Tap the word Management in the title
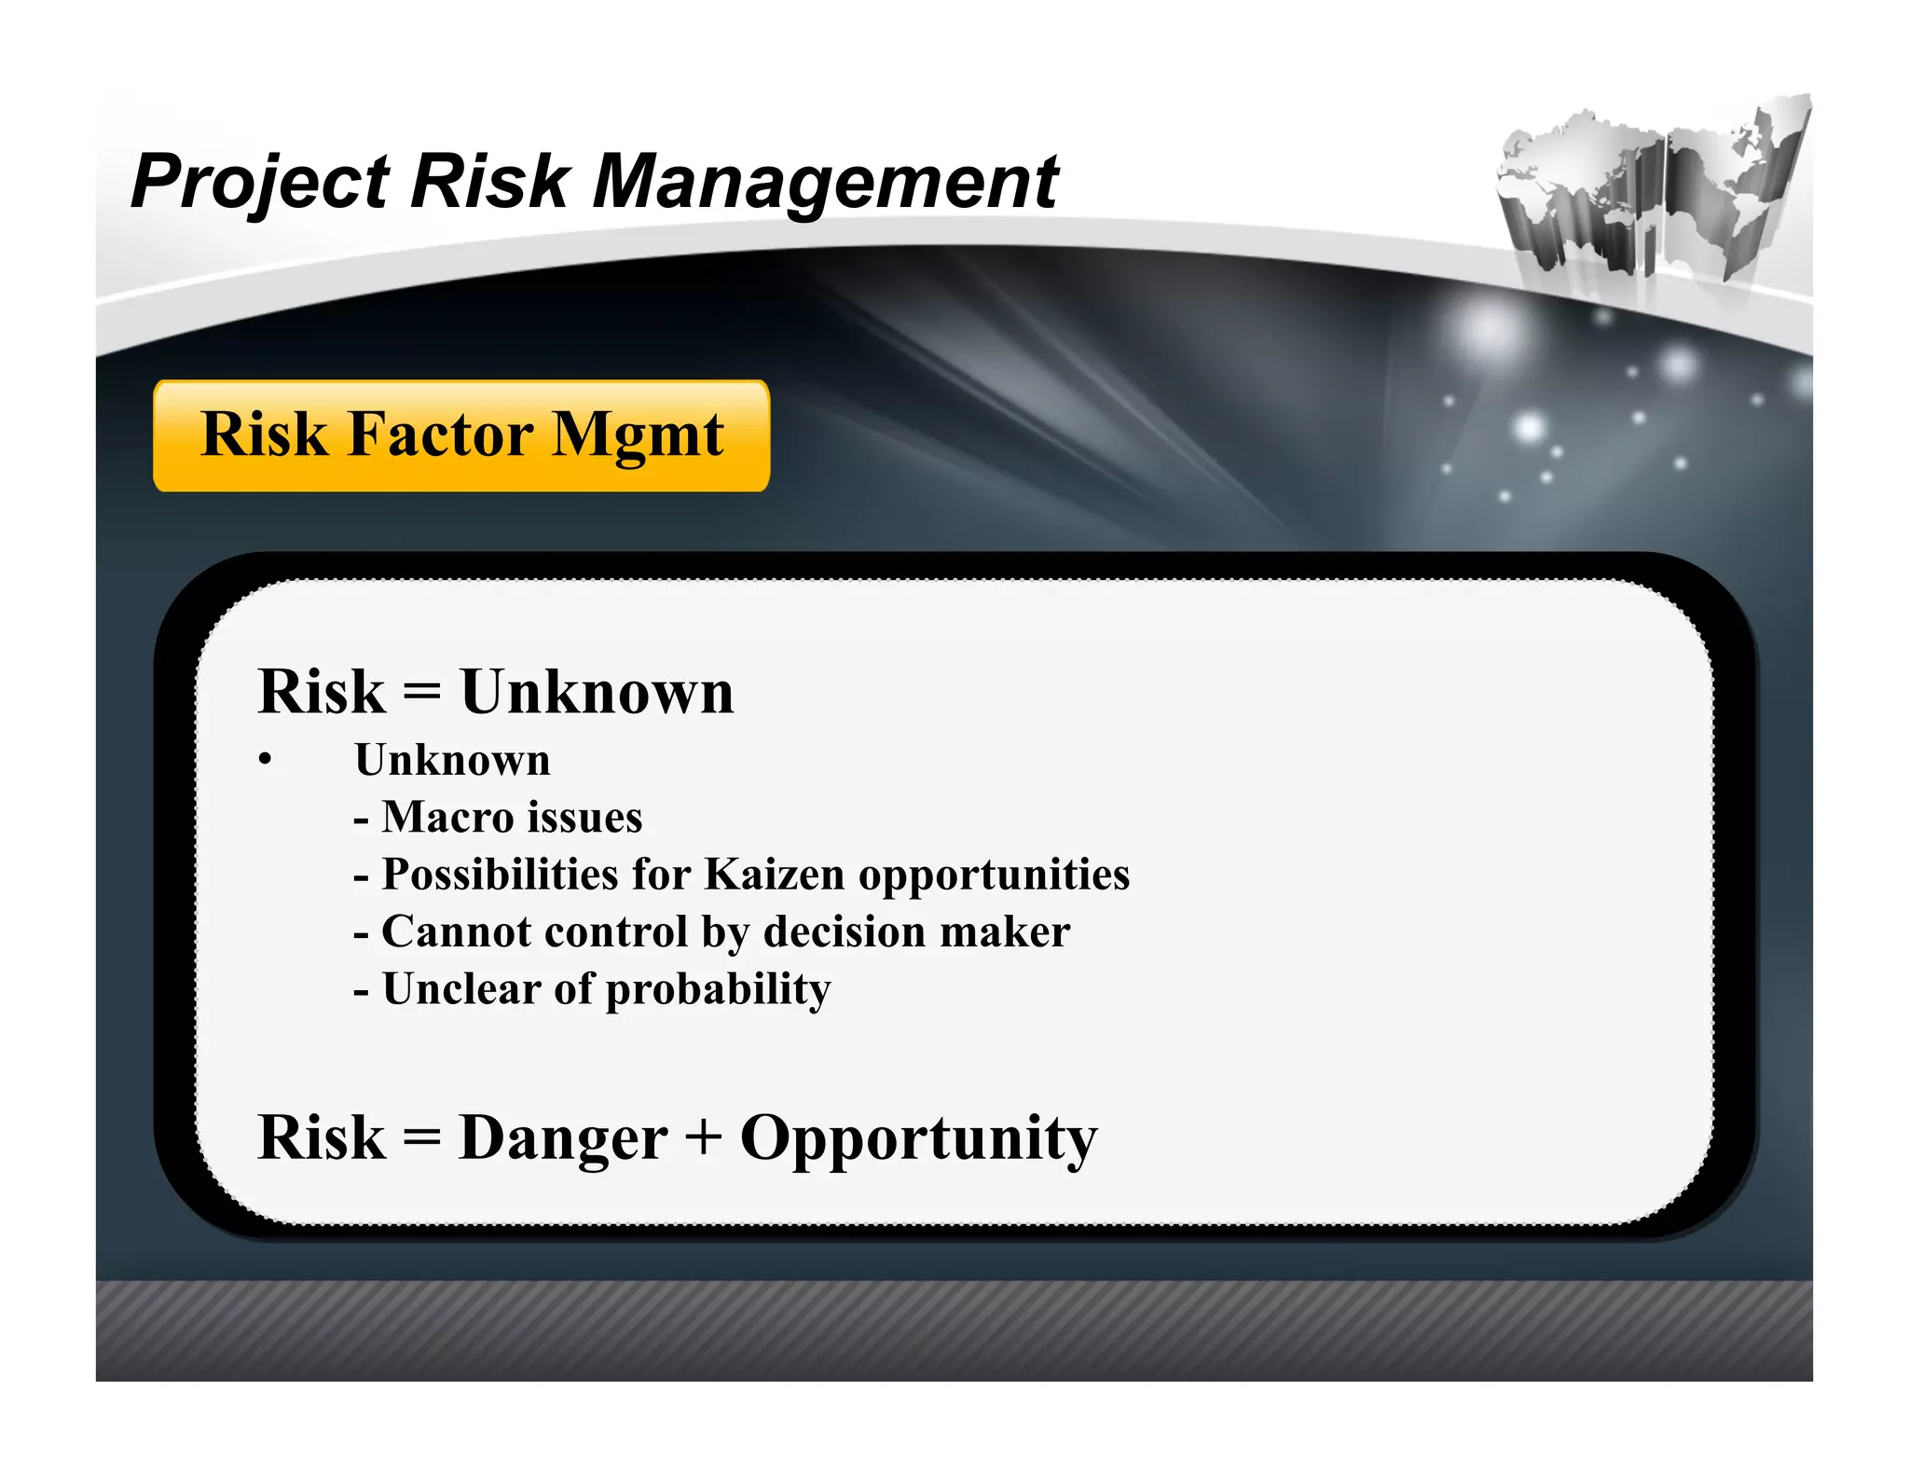point(825,182)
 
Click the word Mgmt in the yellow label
point(639,436)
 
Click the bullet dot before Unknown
point(266,760)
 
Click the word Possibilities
point(500,875)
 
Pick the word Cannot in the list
point(443,931)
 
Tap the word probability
point(718,990)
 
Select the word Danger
point(563,1138)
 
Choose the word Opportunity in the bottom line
point(918,1140)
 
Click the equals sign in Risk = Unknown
point(422,693)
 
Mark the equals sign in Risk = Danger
point(422,1138)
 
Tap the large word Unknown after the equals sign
point(597,693)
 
